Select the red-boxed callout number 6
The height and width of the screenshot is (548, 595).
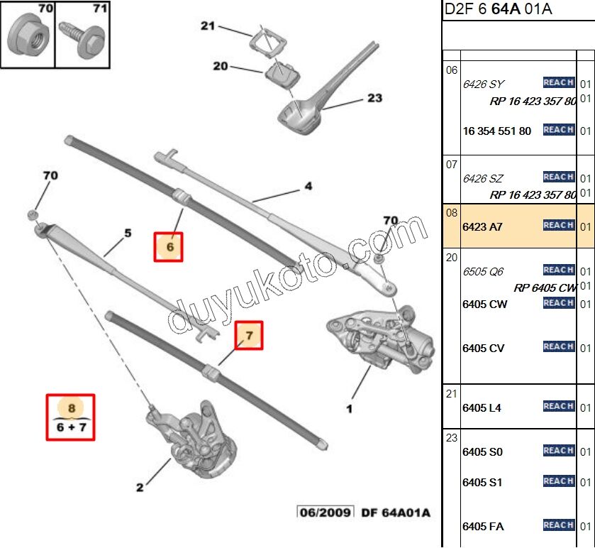[169, 247]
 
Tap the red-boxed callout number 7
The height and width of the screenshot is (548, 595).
[249, 334]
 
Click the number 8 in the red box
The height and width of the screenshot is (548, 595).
[71, 408]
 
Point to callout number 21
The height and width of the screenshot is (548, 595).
[207, 26]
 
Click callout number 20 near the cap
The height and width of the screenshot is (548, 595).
[221, 66]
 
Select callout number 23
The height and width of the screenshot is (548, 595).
[374, 99]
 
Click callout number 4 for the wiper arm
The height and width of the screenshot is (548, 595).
[308, 187]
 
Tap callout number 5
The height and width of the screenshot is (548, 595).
[128, 233]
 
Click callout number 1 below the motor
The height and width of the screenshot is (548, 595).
[349, 408]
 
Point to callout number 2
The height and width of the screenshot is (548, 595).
[140, 487]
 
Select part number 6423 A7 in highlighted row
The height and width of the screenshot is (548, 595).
[482, 226]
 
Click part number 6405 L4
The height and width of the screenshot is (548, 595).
[482, 408]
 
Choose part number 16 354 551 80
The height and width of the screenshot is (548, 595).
[496, 131]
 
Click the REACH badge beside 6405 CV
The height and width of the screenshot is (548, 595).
[558, 347]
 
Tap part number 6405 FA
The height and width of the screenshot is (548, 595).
[482, 526]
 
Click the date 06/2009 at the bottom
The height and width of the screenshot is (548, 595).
[325, 513]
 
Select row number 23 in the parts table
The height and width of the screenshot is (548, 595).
[451, 438]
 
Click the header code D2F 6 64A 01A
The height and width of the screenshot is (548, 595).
[498, 9]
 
